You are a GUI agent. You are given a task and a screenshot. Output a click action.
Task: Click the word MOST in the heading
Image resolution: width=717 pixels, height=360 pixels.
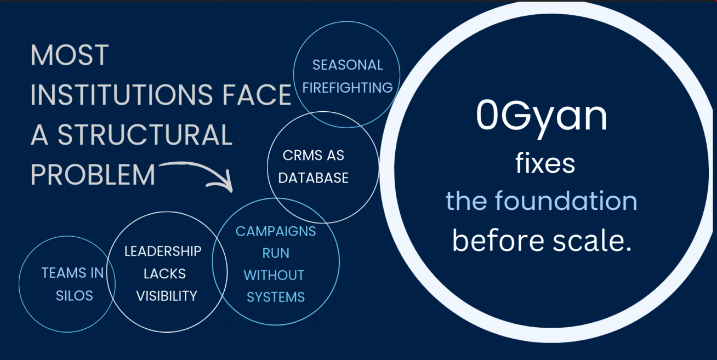pyautogui.click(x=70, y=56)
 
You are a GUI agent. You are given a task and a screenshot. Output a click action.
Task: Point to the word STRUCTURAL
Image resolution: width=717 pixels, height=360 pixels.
pyautogui.click(x=145, y=135)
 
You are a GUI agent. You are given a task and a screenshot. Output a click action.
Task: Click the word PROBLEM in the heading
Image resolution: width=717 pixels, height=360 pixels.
pyautogui.click(x=93, y=175)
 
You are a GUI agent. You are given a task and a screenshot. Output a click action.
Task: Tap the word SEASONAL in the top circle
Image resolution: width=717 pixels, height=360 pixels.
pyautogui.click(x=348, y=65)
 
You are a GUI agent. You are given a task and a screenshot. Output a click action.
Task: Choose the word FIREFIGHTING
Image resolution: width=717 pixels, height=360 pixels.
pyautogui.click(x=348, y=88)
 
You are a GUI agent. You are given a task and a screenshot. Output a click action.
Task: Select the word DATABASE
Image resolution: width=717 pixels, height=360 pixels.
pyautogui.click(x=314, y=178)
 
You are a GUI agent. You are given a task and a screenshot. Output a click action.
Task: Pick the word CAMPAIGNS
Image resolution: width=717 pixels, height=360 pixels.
pyautogui.click(x=276, y=231)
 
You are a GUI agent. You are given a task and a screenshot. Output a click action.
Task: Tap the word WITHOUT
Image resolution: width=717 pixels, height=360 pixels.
pyautogui.click(x=274, y=275)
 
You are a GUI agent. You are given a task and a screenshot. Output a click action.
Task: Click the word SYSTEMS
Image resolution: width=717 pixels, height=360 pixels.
pyautogui.click(x=276, y=298)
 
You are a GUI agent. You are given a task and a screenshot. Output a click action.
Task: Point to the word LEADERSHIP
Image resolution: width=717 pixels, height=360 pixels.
pyautogui.click(x=163, y=252)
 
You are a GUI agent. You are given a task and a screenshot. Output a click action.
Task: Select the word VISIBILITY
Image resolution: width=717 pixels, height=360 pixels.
pyautogui.click(x=167, y=296)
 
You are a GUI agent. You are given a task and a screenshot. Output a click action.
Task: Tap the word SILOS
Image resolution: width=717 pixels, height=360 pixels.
pyautogui.click(x=75, y=296)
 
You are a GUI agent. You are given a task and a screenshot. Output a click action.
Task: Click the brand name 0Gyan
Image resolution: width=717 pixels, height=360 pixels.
pyautogui.click(x=542, y=117)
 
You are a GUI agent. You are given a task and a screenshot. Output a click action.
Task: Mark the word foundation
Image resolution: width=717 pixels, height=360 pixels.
pyautogui.click(x=566, y=201)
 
